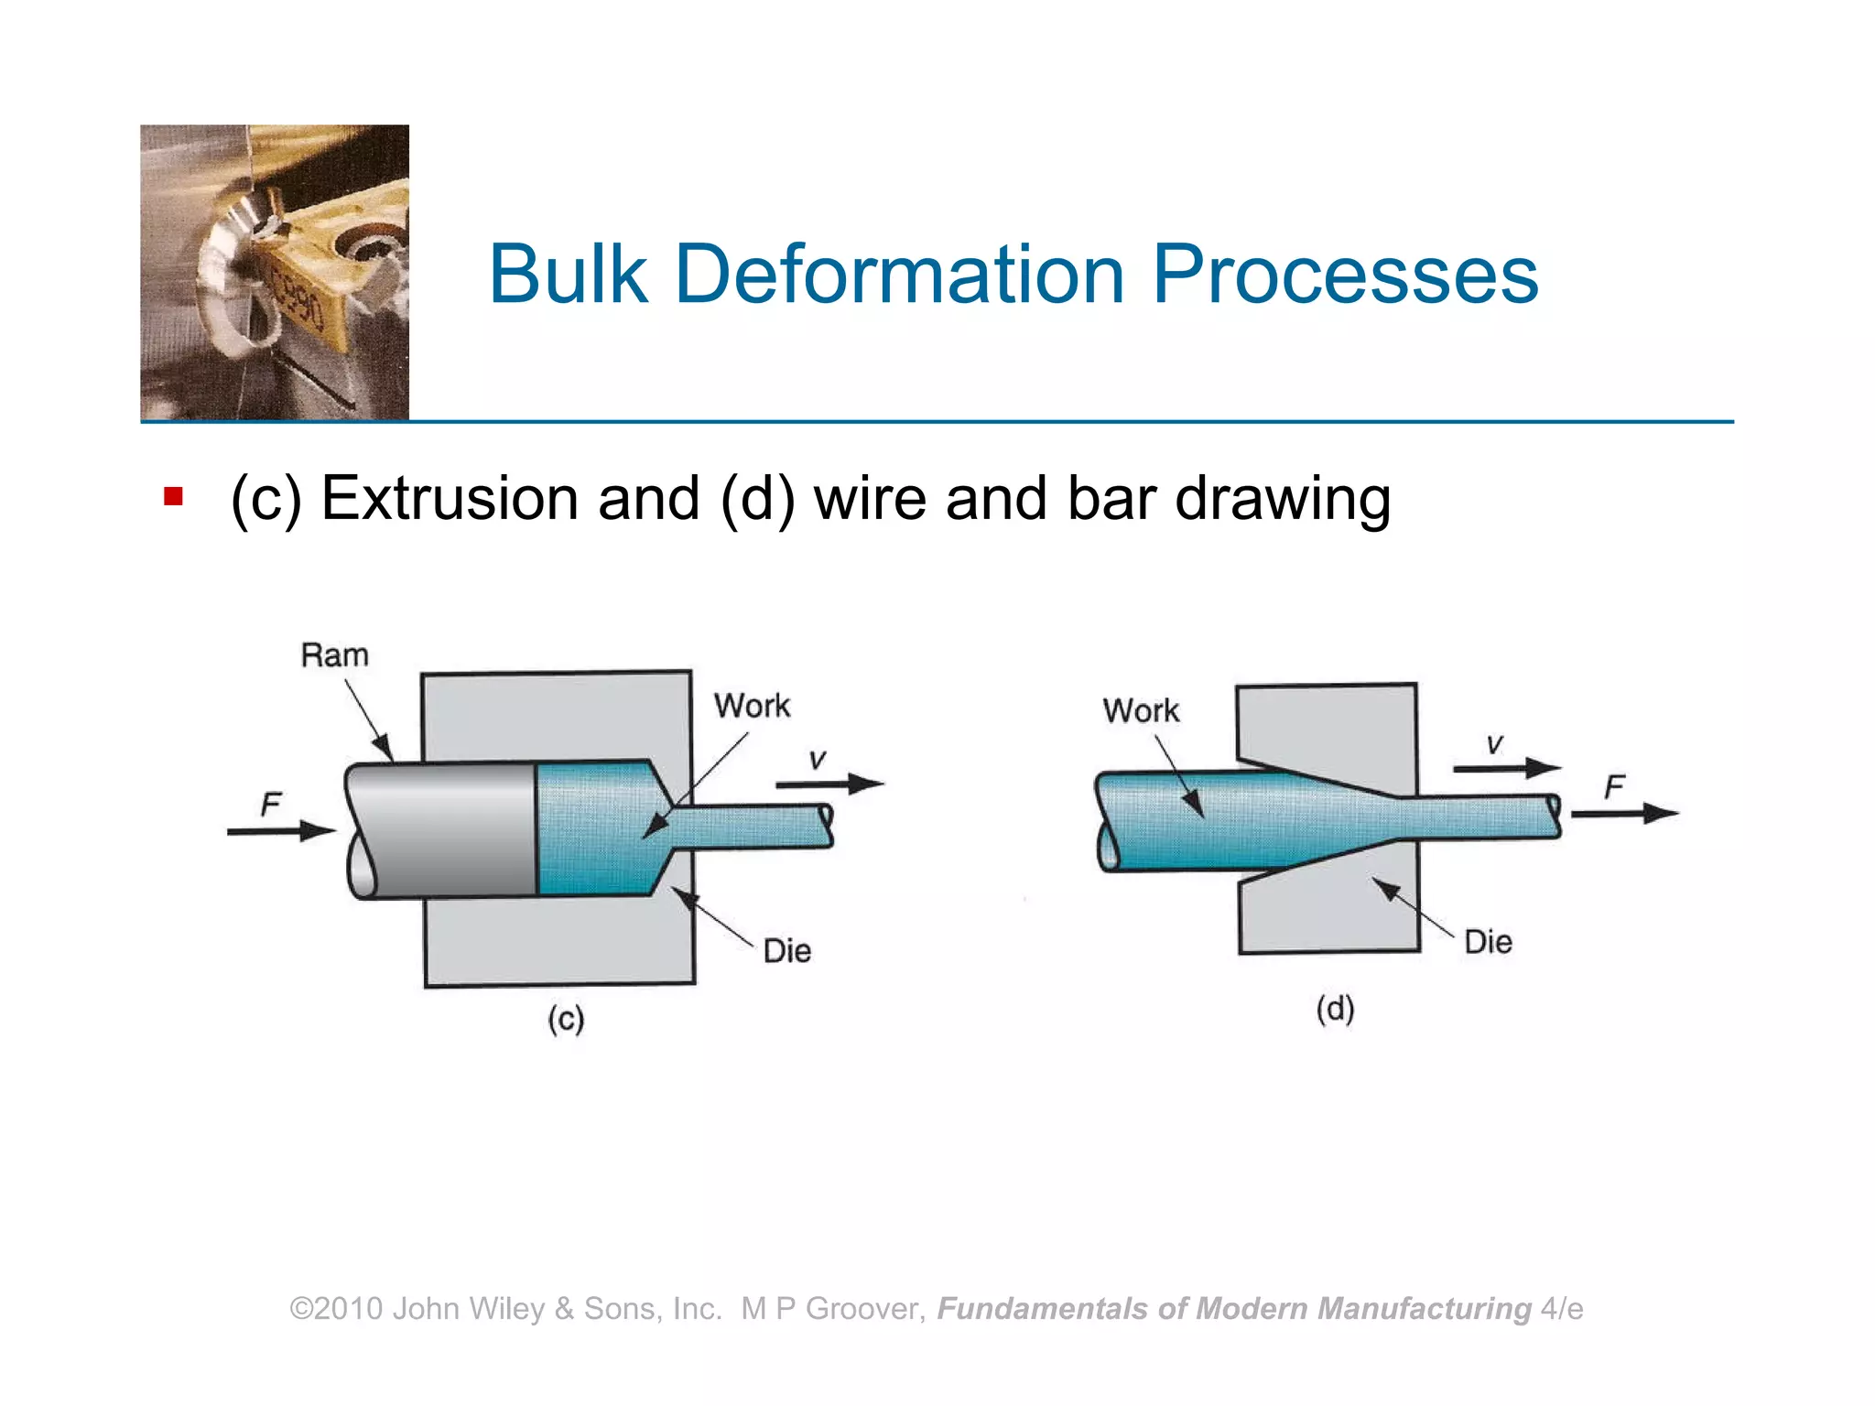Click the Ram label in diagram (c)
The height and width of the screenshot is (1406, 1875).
click(335, 655)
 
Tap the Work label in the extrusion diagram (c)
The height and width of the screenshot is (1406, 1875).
click(752, 706)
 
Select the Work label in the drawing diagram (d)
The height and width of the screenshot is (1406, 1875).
click(1141, 710)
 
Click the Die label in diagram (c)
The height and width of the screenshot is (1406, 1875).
click(786, 951)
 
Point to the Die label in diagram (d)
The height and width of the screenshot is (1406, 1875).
click(1488, 942)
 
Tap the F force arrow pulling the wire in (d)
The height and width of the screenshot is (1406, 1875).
click(1625, 813)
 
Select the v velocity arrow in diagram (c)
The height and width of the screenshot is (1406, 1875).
click(829, 784)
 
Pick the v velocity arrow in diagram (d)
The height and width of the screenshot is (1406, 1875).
click(1506, 767)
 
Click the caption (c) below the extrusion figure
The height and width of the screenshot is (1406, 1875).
click(566, 1019)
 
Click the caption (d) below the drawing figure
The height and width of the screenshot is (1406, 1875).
click(1335, 1009)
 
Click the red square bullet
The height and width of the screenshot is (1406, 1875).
click(173, 497)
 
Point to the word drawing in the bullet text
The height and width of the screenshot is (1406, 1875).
click(1282, 500)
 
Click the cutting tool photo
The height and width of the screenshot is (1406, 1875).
click(275, 272)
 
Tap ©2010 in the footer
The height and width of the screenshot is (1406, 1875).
click(336, 1309)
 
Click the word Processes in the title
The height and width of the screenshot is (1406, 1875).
click(1345, 274)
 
